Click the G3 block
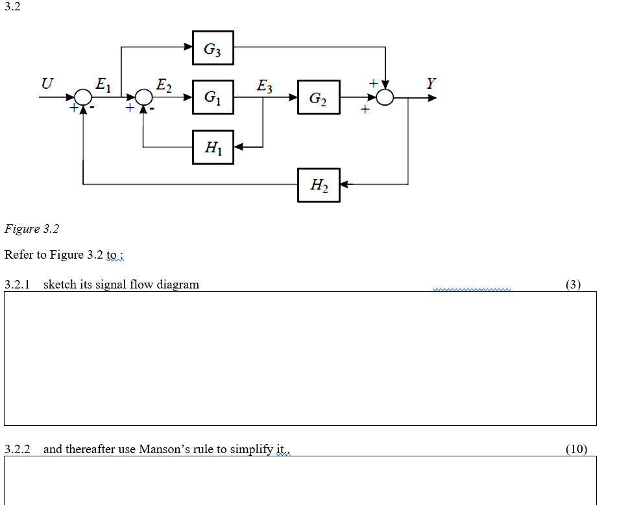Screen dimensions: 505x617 point(213,48)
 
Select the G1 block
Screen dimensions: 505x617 point(213,97)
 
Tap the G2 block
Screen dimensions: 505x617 point(319,98)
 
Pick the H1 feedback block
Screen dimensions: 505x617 point(213,147)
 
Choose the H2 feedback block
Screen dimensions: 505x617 point(319,185)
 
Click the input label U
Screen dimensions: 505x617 point(47,83)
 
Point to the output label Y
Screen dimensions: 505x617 point(431,83)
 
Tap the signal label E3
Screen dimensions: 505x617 point(265,85)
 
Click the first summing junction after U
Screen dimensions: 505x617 point(83,97)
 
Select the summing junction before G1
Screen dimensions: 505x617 point(143,97)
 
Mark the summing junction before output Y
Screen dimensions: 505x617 point(386,97)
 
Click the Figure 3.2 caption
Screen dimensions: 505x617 point(32,229)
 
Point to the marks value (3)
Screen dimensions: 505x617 point(573,284)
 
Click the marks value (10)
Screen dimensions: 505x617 point(575,449)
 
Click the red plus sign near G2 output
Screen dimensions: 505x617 point(365,111)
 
